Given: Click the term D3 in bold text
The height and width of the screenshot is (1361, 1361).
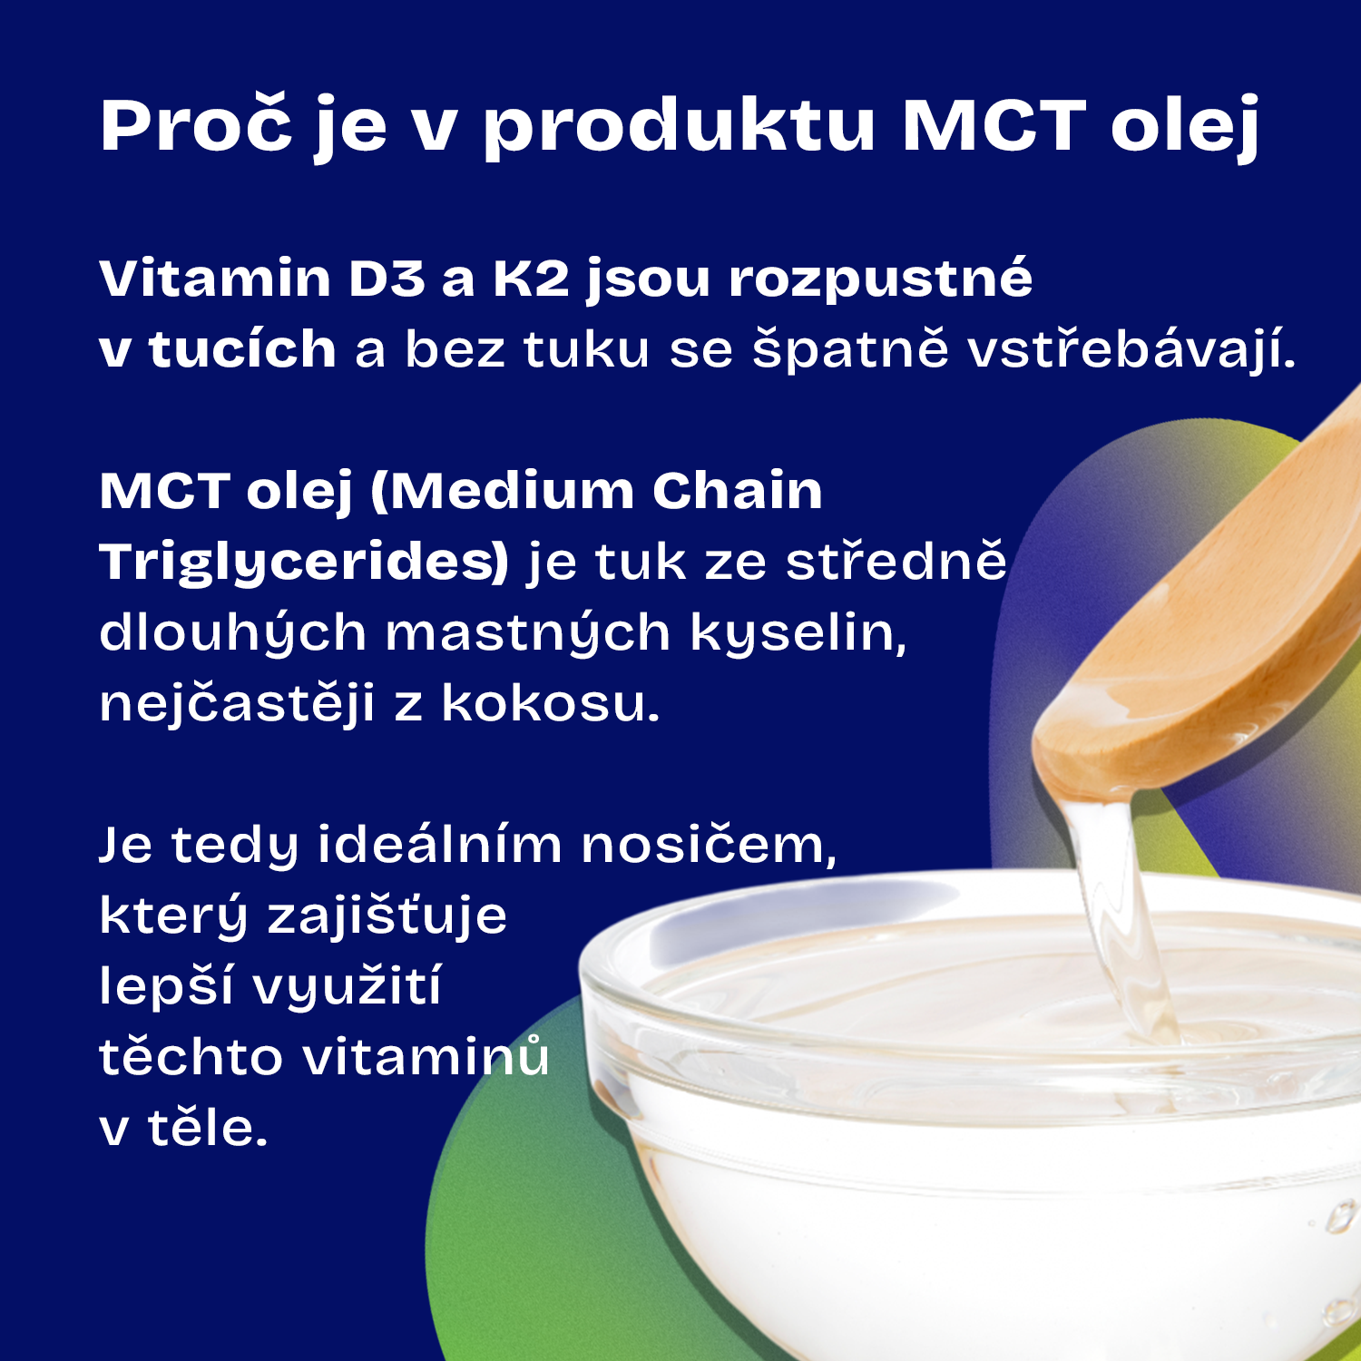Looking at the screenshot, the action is click(x=387, y=278).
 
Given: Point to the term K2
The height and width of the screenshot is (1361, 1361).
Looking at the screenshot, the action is click(x=531, y=278).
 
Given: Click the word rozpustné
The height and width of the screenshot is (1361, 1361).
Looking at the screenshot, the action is click(x=881, y=279).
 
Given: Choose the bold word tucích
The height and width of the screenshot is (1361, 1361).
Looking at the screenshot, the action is click(x=242, y=348).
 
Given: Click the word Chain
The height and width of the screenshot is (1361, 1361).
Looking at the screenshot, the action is click(x=737, y=491).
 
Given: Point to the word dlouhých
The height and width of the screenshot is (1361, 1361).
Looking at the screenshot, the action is click(x=232, y=632).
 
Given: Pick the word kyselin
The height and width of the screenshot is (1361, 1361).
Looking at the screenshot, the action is click(x=798, y=632).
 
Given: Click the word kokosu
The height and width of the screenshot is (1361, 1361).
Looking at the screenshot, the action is click(x=551, y=703).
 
